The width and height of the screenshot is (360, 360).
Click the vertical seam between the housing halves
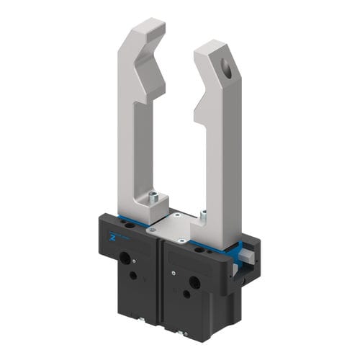(x=160, y=281)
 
